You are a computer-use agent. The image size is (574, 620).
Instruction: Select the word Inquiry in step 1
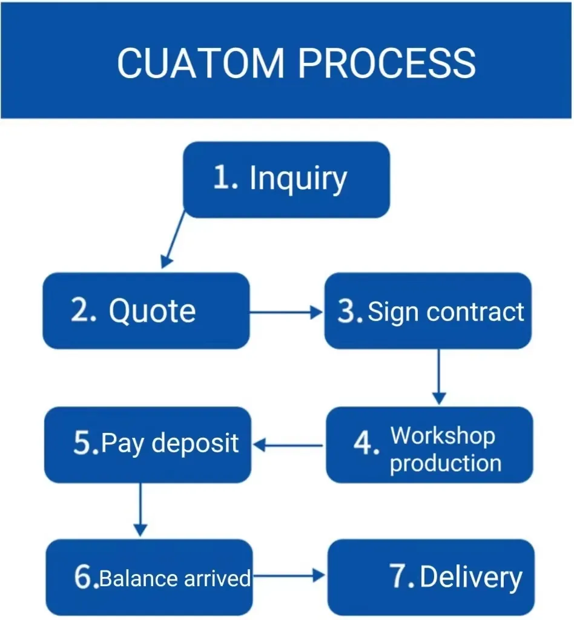tap(298, 179)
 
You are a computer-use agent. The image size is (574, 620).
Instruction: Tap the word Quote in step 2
tap(152, 311)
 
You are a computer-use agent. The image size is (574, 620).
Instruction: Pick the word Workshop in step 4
tap(443, 435)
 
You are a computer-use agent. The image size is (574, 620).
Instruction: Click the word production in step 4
tap(445, 463)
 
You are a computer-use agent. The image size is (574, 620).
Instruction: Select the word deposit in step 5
tap(195, 443)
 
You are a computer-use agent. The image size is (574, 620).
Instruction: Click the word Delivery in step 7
tap(470, 577)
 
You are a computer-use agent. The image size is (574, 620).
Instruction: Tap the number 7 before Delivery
tap(401, 577)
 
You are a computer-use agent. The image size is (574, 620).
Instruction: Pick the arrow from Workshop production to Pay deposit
tap(288, 446)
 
